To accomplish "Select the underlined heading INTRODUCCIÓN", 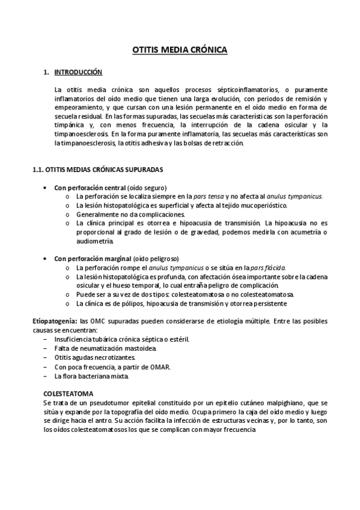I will [79, 72].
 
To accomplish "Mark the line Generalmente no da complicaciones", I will [130, 214].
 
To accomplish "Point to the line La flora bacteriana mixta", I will [91, 375].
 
